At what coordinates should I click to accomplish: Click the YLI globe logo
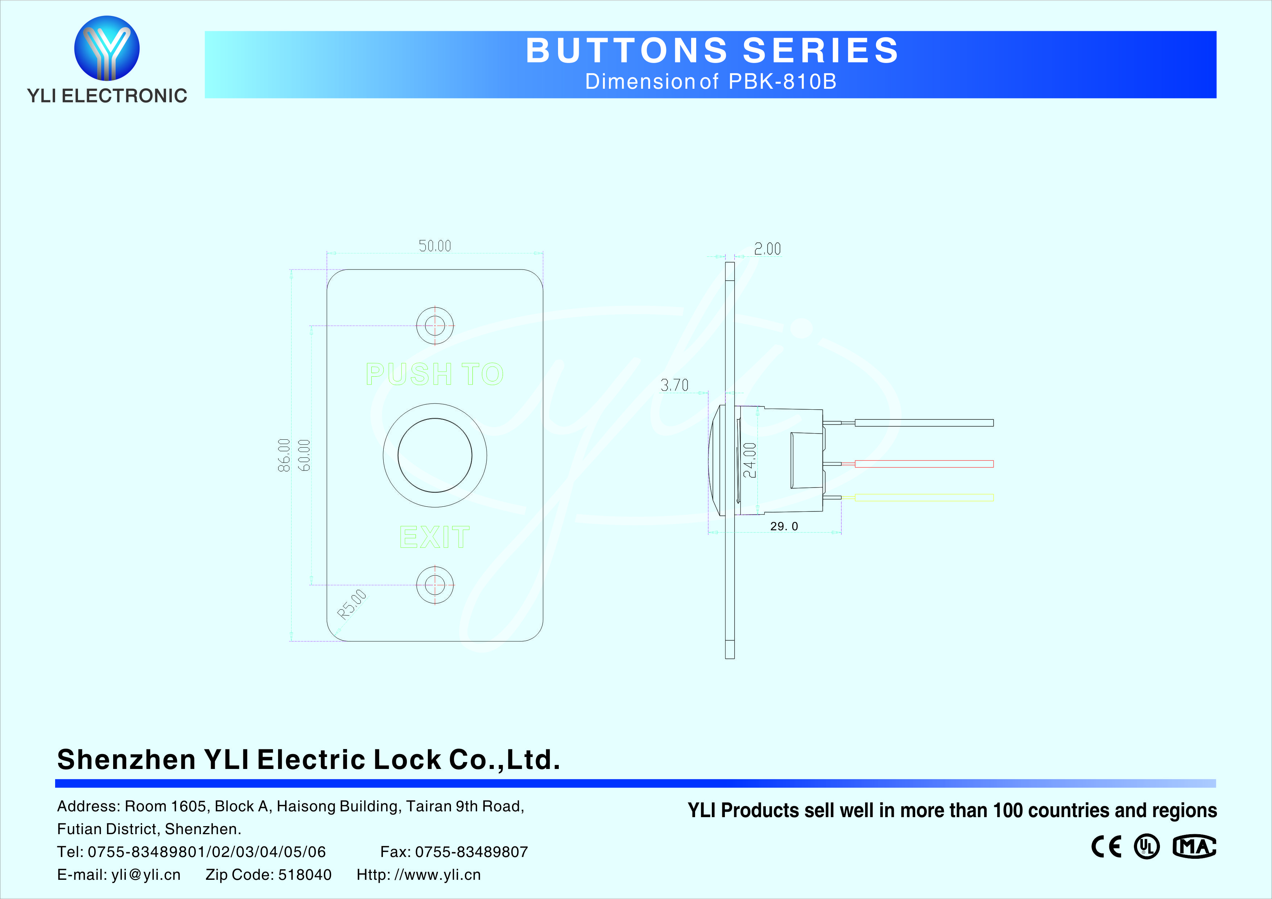click(107, 48)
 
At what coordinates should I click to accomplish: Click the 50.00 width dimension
click(435, 246)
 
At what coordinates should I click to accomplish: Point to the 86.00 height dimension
click(284, 455)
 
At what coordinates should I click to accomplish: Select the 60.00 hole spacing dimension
click(304, 455)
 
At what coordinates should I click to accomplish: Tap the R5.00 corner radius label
click(352, 604)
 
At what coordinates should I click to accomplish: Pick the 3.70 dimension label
click(674, 385)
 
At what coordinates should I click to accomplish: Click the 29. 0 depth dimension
click(784, 526)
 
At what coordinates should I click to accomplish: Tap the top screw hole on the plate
click(435, 326)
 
